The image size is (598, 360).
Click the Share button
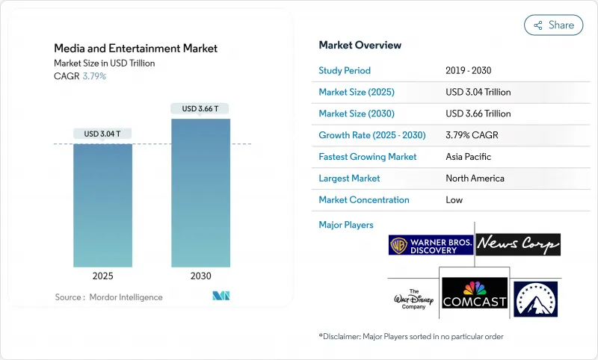(x=553, y=25)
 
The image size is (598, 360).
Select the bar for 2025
(x=102, y=205)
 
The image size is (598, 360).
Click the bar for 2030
(x=200, y=193)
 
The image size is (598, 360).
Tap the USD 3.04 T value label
(x=102, y=134)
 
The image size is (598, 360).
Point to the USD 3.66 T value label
(x=200, y=108)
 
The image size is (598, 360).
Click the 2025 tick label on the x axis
(x=102, y=276)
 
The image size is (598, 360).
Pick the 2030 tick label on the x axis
(x=200, y=276)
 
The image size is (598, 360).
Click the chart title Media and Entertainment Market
(x=136, y=49)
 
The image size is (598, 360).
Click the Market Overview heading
(x=360, y=46)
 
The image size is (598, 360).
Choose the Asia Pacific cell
(x=467, y=157)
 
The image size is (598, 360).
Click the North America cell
(x=475, y=179)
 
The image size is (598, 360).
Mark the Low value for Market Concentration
(x=454, y=200)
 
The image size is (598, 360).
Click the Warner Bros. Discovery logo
(x=431, y=245)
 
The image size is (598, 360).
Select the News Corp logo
(x=518, y=244)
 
